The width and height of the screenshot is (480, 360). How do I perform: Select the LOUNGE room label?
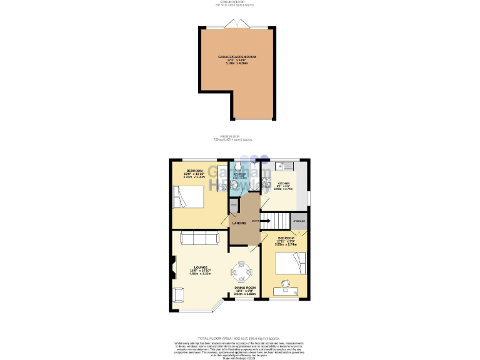[x=201, y=268]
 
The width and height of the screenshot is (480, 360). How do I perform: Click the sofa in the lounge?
[x=199, y=237]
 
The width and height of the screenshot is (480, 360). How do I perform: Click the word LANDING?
[x=239, y=223]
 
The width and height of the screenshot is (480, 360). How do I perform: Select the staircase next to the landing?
[x=273, y=219]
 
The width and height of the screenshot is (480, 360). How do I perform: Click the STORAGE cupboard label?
[x=299, y=221]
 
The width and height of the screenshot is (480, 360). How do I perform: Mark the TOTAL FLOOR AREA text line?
[x=240, y=336]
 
